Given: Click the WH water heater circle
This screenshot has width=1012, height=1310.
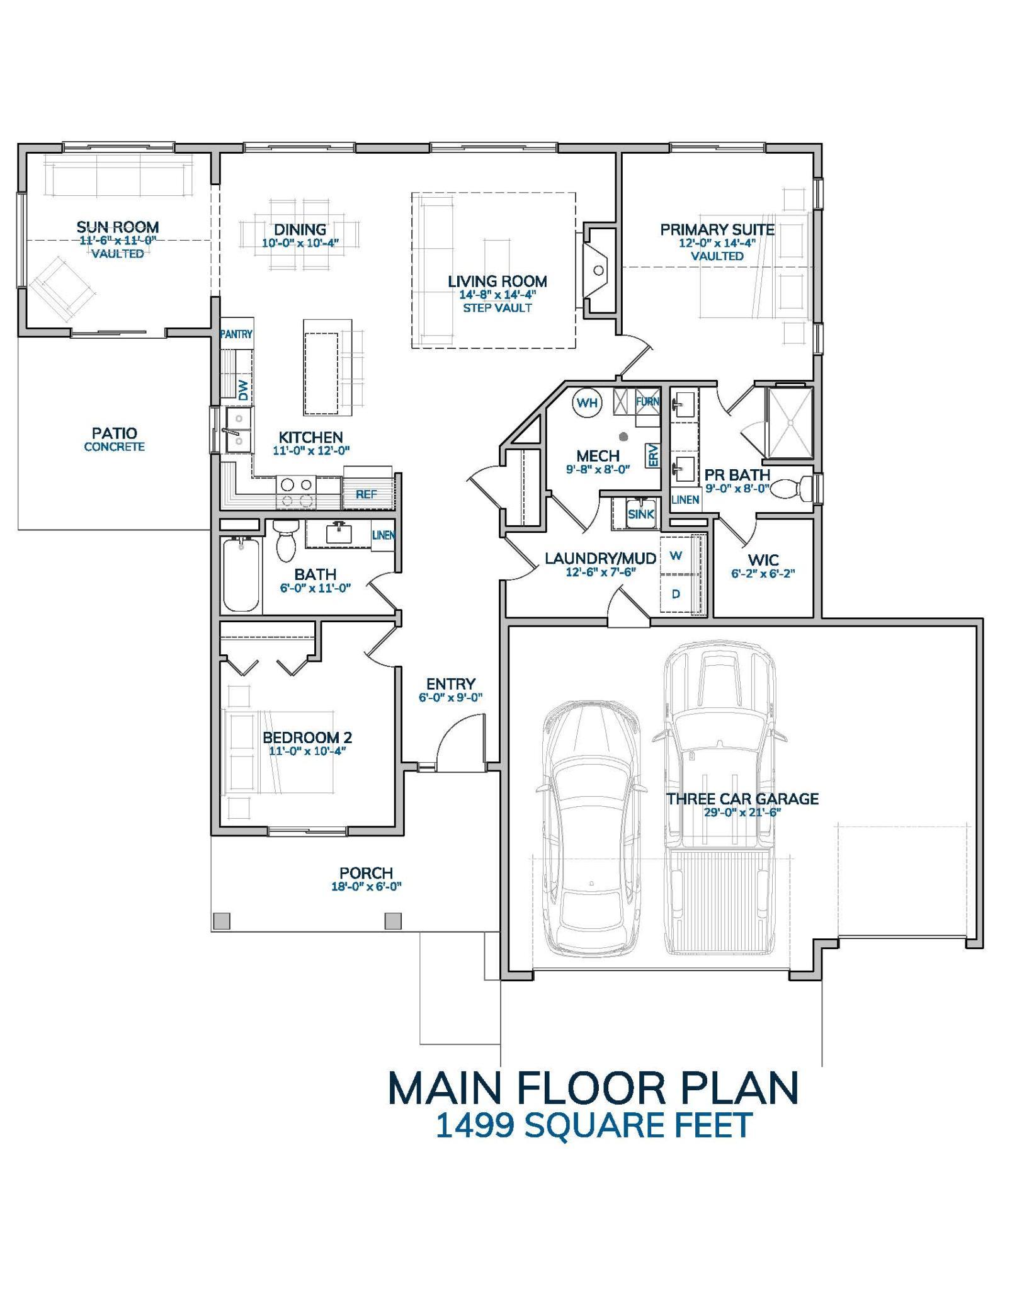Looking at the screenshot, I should [587, 402].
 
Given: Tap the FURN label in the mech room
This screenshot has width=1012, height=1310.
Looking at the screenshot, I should [647, 401].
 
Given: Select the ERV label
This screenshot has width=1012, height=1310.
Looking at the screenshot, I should [652, 455].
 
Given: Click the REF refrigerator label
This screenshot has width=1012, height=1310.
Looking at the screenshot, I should [366, 494].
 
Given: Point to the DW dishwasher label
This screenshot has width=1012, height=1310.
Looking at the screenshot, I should [244, 390].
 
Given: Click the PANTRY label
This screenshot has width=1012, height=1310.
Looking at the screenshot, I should [236, 334].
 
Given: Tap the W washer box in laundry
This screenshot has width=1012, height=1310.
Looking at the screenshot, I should [676, 555].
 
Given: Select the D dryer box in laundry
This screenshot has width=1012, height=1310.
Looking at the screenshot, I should [676, 593].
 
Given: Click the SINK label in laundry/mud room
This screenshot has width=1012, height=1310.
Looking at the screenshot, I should [640, 514].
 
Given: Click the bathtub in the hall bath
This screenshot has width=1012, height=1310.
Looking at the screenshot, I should [241, 574].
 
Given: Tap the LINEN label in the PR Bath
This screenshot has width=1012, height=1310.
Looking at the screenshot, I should [685, 499].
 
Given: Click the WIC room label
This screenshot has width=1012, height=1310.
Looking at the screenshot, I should [763, 559].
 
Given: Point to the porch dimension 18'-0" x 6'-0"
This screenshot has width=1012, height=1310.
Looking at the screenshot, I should [366, 886].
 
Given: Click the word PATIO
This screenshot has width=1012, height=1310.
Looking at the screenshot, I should [114, 433].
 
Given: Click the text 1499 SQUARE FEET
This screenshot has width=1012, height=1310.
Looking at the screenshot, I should [593, 1125].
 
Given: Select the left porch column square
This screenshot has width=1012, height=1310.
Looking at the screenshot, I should [221, 921].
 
